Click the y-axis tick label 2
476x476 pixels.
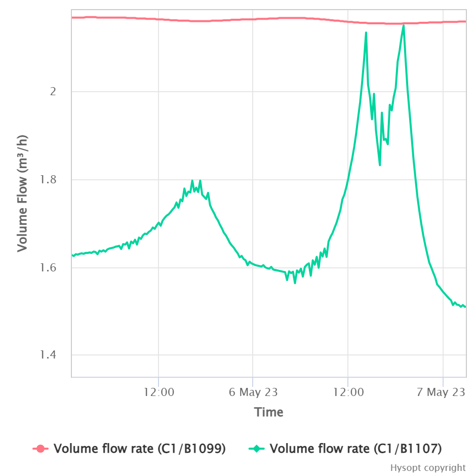point(52,92)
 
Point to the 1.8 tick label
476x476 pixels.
point(49,180)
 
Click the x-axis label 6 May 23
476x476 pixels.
point(253,392)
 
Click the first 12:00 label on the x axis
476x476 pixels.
point(158,392)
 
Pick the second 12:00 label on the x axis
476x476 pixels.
point(348,392)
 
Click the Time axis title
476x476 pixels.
point(269,412)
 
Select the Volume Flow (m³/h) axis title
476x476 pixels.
point(22,193)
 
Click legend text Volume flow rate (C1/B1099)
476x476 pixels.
point(139,448)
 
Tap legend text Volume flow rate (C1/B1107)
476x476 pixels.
point(356,448)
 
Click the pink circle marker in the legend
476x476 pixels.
point(41,448)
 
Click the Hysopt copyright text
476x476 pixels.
point(428,467)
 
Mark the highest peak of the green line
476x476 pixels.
point(403,25)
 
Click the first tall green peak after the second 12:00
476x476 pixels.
point(366,32)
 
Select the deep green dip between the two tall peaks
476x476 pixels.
point(380,165)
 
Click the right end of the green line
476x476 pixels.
point(465,307)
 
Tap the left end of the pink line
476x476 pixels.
point(72,17)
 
